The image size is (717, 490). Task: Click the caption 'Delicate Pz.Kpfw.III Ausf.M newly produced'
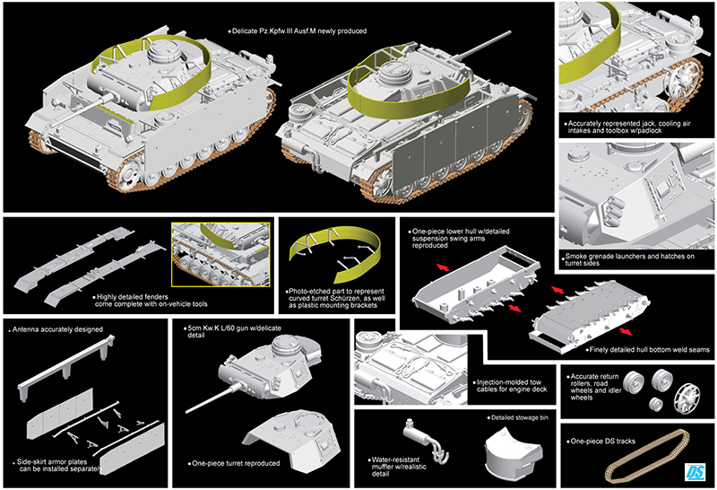click(x=298, y=31)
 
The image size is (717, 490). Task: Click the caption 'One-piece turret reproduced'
click(x=236, y=464)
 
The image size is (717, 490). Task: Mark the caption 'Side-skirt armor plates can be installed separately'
click(x=59, y=466)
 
